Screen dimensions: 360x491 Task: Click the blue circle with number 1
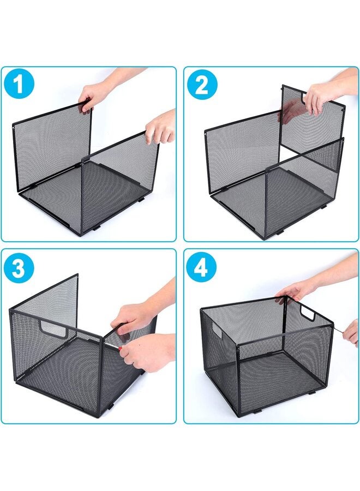(x=19, y=83)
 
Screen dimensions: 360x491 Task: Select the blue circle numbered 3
(x=19, y=268)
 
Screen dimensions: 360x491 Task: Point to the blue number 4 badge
(x=201, y=267)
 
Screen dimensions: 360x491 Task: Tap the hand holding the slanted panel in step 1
(x=161, y=127)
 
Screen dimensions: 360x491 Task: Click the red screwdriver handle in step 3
(x=119, y=348)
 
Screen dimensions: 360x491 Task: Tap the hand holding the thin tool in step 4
(x=351, y=333)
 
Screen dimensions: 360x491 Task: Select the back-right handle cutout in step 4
(x=308, y=314)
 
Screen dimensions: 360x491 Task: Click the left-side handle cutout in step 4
(x=217, y=330)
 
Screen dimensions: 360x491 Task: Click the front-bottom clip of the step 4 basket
(x=256, y=411)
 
